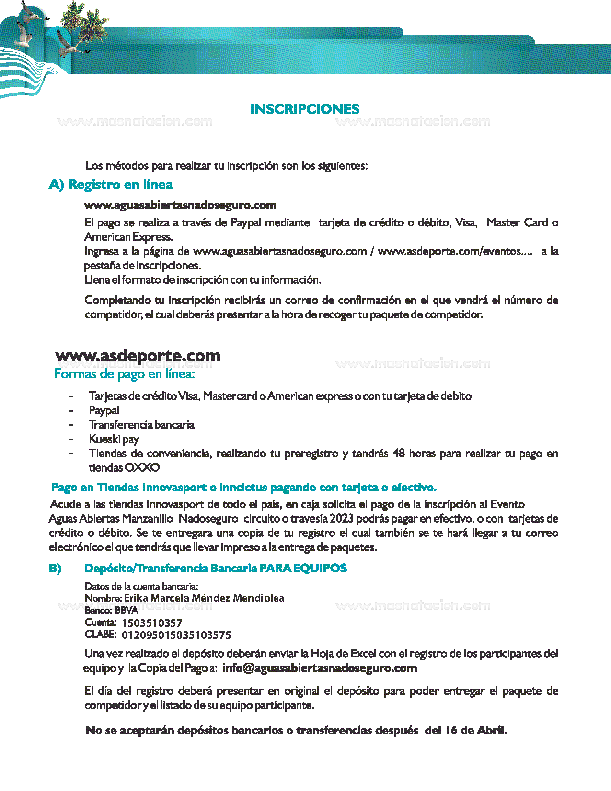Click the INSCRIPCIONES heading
(x=305, y=109)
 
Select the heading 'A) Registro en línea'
(x=111, y=185)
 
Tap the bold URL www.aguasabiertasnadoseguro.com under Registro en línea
(x=180, y=205)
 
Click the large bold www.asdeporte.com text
(x=138, y=356)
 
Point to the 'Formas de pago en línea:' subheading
(x=125, y=374)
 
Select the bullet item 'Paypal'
(x=104, y=410)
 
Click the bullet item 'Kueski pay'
(x=114, y=439)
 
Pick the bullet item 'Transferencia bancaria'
(x=141, y=425)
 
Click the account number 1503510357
(x=152, y=623)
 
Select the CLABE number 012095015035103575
(x=176, y=635)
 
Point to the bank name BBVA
(x=127, y=610)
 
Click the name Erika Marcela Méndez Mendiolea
(x=204, y=598)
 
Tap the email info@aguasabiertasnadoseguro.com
(x=320, y=668)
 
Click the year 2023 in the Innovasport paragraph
(x=341, y=519)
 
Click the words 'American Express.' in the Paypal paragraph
(x=129, y=237)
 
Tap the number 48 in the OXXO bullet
(x=399, y=454)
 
